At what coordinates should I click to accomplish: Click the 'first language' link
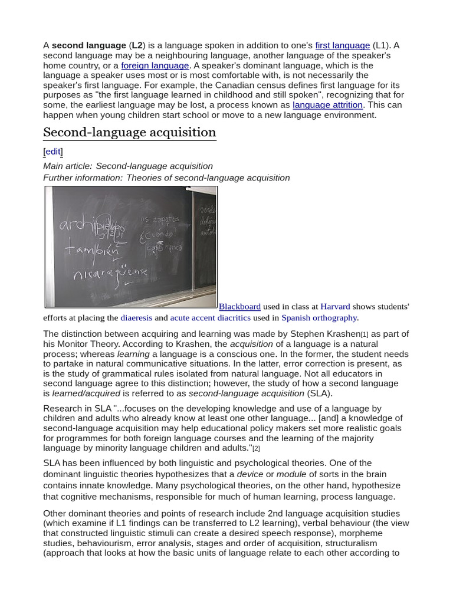(342, 45)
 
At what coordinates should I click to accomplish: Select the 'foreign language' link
(155, 65)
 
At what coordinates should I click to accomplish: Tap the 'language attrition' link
(327, 105)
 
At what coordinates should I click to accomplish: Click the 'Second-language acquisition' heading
(130, 132)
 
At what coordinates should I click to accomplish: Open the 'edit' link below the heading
(53, 152)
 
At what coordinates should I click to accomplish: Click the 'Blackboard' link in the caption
(239, 307)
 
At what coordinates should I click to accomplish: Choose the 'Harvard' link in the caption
(335, 307)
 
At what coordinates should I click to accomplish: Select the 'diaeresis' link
(136, 318)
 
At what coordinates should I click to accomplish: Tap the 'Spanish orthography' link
(319, 318)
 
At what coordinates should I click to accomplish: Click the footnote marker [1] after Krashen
(365, 335)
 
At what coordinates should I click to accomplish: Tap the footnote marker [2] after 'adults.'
(256, 449)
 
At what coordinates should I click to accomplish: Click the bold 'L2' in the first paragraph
(137, 45)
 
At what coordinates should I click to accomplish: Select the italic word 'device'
(250, 474)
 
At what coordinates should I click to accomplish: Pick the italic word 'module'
(291, 474)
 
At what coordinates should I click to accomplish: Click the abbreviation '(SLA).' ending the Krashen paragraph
(320, 393)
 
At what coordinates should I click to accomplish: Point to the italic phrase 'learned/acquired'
(86, 393)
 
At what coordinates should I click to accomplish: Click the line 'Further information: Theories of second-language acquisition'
(166, 178)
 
